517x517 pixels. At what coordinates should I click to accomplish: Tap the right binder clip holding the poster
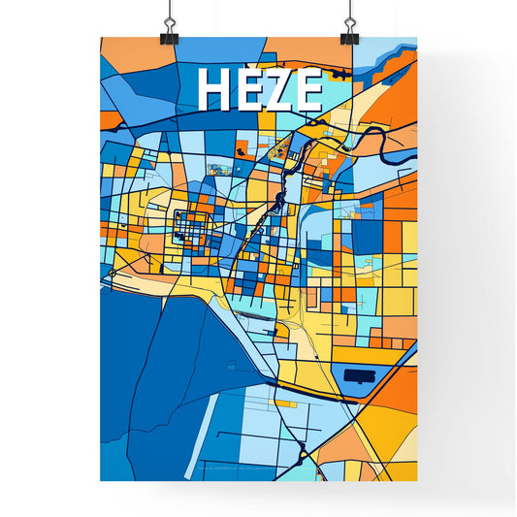(349, 32)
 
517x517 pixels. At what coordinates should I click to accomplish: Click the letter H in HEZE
(215, 91)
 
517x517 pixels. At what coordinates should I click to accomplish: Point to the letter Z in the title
(278, 91)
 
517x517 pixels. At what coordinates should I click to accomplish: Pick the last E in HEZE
(307, 91)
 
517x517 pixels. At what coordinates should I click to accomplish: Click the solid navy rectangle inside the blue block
(361, 374)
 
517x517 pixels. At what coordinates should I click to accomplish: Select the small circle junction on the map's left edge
(113, 275)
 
